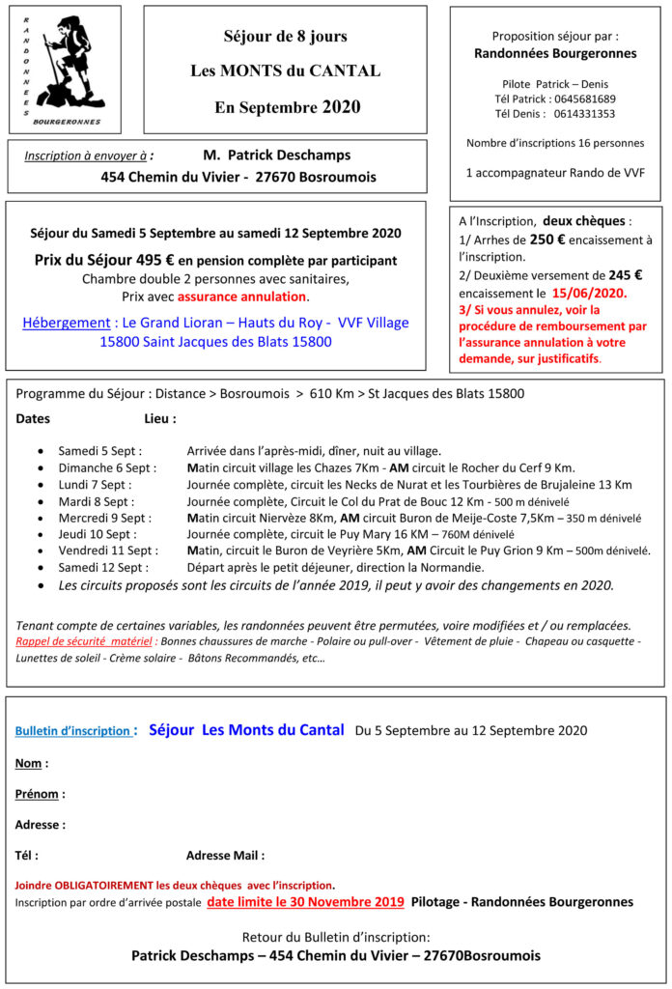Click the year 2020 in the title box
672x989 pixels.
342,106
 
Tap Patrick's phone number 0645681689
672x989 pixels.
583,99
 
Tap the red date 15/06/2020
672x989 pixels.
589,292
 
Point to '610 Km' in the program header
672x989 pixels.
331,394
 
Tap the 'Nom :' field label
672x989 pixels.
32,763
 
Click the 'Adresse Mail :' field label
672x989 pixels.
225,855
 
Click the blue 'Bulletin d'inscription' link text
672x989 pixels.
72,731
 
